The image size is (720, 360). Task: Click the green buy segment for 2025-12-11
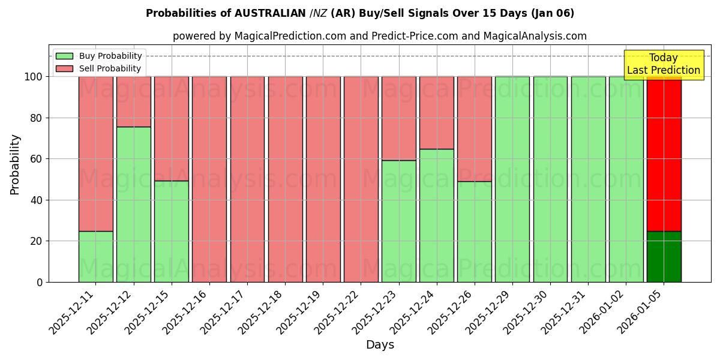point(95,256)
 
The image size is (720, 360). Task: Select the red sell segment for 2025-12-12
point(133,101)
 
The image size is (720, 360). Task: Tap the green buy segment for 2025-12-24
point(436,215)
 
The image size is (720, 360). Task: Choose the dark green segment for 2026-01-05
point(664,256)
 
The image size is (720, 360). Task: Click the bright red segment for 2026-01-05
point(664,154)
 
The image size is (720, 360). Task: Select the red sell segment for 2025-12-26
point(474,129)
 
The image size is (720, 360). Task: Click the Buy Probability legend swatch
point(64,56)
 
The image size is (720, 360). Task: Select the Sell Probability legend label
point(110,68)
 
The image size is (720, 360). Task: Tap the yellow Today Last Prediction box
point(664,64)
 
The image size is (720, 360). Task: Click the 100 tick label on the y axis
point(32,77)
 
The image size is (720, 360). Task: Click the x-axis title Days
point(380,345)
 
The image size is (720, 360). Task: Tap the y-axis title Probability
point(15,164)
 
